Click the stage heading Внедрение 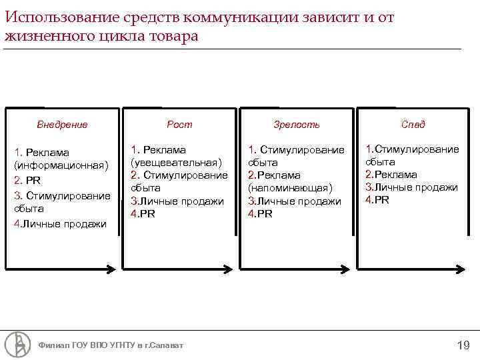pos(62,124)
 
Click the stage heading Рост pos(179,124)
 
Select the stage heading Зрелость pos(297,124)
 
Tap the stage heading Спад pos(413,124)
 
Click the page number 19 pos(463,345)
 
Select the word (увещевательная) pos(177,163)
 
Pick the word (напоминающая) pos(289,188)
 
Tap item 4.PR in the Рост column pos(143,213)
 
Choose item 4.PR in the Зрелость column pos(260,213)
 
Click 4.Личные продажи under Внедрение pos(60,224)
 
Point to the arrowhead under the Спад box pos(465,269)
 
